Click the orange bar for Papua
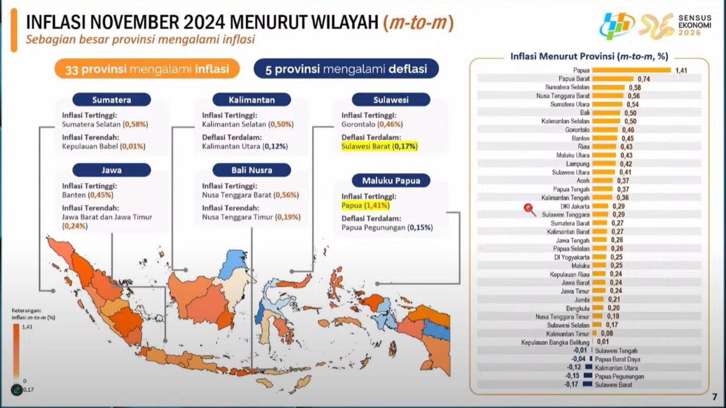(632, 70)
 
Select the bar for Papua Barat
(613, 79)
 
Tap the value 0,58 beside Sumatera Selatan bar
(635, 88)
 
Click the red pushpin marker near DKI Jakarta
(530, 210)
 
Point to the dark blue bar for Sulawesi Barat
(588, 384)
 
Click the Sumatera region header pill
(112, 100)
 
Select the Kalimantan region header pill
(251, 100)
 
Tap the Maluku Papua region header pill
(391, 181)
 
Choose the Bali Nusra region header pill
(251, 170)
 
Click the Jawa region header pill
(112, 170)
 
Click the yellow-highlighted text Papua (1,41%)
(365, 206)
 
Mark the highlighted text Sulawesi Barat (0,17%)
(379, 146)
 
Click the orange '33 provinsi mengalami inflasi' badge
(147, 69)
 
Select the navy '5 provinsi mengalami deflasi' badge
(346, 69)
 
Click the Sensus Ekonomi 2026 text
(695, 25)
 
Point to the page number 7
(714, 397)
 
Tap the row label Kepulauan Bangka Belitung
(555, 342)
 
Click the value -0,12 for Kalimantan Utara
(574, 368)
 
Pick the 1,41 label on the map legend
(27, 327)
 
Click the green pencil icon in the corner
(16, 390)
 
